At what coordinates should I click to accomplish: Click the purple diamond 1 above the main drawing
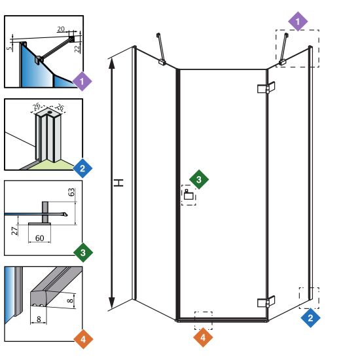pos(298,22)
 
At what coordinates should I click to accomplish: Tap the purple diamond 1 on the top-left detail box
pos(82,81)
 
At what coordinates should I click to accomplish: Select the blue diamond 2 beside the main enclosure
pos(310,317)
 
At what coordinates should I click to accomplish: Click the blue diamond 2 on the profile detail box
pos(82,168)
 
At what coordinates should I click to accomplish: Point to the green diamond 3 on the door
pos(199,179)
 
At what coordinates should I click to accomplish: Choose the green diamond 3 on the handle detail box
pos(83,253)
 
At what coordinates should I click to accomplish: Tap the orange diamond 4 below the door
pos(203,337)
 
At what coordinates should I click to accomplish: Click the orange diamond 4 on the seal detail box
pos(83,339)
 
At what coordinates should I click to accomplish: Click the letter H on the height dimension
pos(119,183)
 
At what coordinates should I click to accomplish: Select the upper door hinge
pos(266,88)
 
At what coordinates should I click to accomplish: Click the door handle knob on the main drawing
pos(189,194)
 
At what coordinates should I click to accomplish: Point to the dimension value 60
pos(40,238)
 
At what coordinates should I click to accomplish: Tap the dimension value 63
pos(71,192)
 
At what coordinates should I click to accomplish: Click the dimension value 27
pos(14,231)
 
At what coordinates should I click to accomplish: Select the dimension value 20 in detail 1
pos(61,29)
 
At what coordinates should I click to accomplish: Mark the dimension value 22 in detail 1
pos(77,48)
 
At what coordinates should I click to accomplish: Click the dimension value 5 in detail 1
pos(9,48)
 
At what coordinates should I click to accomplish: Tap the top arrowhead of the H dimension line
pos(111,63)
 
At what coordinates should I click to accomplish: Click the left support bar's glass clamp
pos(162,62)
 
